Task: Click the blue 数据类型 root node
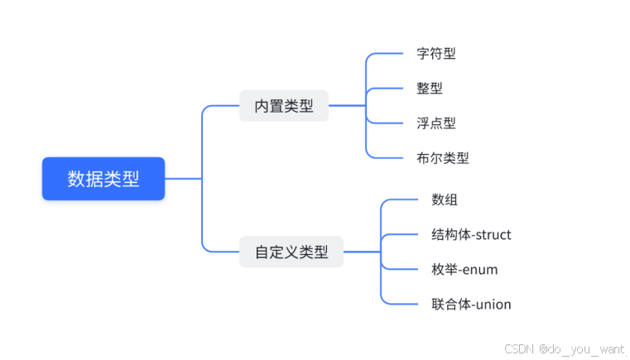coord(103,179)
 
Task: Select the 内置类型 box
coord(284,106)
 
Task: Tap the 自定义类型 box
coord(291,252)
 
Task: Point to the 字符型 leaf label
coord(436,54)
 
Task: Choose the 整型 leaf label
coord(430,89)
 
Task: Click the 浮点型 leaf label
coord(436,123)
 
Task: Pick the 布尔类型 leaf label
coord(443,158)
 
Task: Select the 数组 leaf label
coord(445,199)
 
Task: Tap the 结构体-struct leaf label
coord(471,235)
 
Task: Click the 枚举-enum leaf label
coord(464,270)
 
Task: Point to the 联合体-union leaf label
coord(471,305)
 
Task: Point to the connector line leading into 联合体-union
coord(402,304)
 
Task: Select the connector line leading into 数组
coord(402,199)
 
